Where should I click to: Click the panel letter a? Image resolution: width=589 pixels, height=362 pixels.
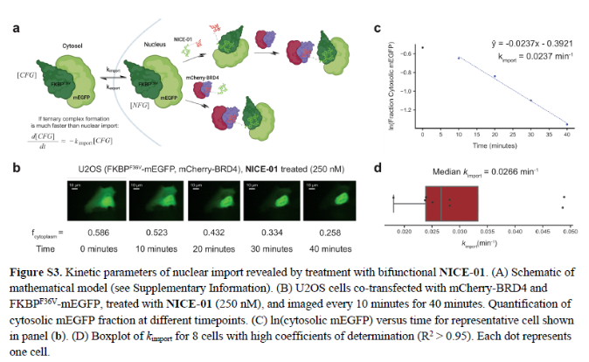coord(17,28)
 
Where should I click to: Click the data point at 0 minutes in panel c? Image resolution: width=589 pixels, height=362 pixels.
coord(423,47)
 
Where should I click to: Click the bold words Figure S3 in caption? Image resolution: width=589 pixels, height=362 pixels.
coord(38,275)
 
